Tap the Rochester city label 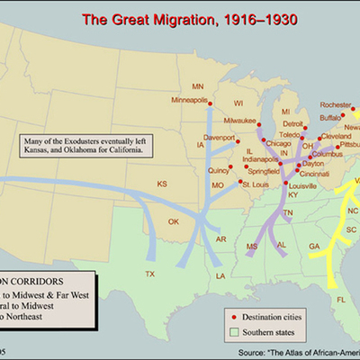tap(337, 104)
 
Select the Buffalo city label tap(330, 117)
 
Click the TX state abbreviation tap(150, 274)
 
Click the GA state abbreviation tap(314, 247)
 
